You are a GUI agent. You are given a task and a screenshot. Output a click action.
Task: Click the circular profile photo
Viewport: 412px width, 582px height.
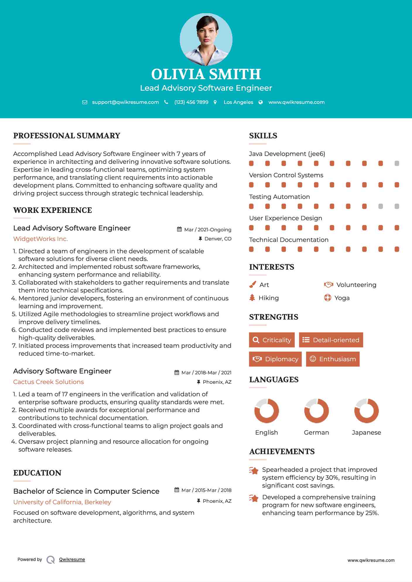(206, 39)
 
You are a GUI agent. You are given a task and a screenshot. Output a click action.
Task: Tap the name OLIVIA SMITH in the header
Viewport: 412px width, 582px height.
(206, 74)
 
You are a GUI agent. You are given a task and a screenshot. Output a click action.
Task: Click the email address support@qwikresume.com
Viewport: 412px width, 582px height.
(125, 102)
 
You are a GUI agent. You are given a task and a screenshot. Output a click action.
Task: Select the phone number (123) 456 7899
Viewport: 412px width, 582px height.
(191, 102)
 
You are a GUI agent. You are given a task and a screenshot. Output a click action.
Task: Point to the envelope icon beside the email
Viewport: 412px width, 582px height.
(85, 102)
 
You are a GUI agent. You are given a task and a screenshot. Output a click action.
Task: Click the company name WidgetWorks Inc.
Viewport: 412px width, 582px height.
(40, 239)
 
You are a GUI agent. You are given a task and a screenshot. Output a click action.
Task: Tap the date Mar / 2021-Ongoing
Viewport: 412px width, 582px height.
(208, 230)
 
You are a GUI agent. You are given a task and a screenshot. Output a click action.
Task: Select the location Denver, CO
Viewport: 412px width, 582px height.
(218, 239)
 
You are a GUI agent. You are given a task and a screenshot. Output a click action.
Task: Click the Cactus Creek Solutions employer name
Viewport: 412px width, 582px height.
(48, 382)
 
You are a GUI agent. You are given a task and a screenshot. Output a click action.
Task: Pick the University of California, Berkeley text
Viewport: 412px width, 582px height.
(62, 502)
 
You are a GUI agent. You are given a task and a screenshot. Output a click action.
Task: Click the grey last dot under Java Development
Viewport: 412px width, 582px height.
(397, 163)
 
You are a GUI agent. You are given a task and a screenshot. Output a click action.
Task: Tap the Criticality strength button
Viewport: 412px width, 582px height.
(272, 340)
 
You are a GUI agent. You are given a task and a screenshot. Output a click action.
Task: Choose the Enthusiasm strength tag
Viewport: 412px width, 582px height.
(333, 359)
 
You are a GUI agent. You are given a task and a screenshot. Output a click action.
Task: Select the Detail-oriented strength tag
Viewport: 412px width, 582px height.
(331, 340)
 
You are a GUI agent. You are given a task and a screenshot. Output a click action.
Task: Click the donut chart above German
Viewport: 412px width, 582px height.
(316, 411)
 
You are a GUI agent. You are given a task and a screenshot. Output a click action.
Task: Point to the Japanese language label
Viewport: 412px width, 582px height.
(366, 433)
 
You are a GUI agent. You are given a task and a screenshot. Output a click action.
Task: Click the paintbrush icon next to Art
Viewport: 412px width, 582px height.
(252, 285)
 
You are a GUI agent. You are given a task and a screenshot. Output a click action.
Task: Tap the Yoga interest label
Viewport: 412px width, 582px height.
(342, 298)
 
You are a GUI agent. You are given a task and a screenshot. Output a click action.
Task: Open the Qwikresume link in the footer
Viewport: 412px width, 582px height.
(72, 559)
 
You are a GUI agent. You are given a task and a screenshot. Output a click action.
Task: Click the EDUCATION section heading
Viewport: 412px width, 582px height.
(37, 473)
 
